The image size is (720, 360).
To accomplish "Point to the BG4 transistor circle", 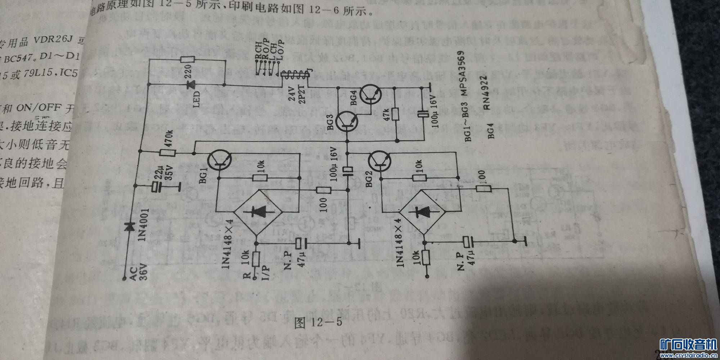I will click(x=371, y=94).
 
